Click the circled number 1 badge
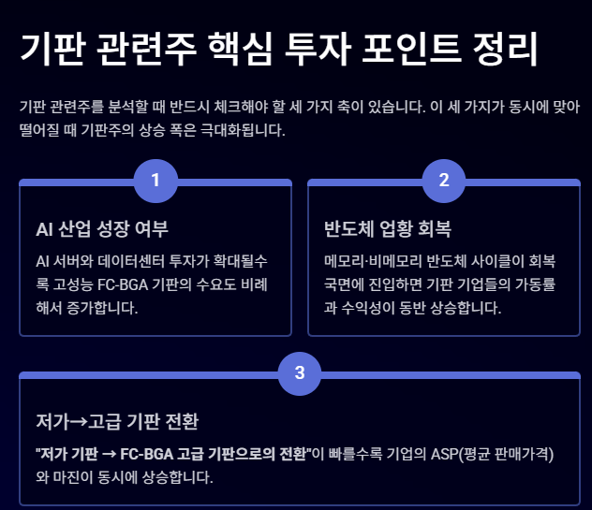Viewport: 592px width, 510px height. pyautogui.click(x=155, y=180)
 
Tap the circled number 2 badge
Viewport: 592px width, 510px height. pyautogui.click(x=444, y=180)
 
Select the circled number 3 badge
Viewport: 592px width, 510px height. pyautogui.click(x=300, y=372)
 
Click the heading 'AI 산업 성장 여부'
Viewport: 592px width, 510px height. pyautogui.click(x=101, y=229)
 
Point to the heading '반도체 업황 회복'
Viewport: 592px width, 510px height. pyautogui.click(x=375, y=229)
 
